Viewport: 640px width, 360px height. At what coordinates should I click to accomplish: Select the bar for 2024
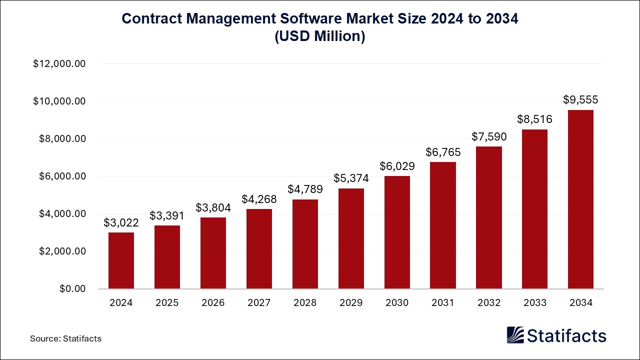click(x=121, y=260)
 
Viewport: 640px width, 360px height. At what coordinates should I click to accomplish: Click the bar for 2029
click(x=351, y=238)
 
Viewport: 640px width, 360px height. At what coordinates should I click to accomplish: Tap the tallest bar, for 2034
click(x=580, y=199)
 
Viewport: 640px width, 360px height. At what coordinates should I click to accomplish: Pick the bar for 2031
click(x=443, y=225)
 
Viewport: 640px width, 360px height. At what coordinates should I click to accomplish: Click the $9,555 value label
click(x=580, y=99)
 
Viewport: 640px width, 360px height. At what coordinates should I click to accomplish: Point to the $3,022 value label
click(x=121, y=222)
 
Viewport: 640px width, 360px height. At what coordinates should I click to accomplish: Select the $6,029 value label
click(x=397, y=166)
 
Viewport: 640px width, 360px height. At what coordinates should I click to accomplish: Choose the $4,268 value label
click(x=259, y=199)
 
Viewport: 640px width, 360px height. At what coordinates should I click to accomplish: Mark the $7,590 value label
click(x=489, y=136)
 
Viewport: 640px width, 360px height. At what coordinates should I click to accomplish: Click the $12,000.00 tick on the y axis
click(x=59, y=64)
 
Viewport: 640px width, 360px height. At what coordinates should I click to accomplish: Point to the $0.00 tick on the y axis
click(x=72, y=289)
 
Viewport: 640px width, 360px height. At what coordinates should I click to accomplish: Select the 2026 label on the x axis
click(x=213, y=303)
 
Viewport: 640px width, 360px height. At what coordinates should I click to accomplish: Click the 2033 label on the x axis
click(x=534, y=303)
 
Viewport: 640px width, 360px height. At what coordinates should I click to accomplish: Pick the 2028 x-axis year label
click(x=305, y=303)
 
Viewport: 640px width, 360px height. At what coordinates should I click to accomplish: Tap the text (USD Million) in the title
click(x=320, y=36)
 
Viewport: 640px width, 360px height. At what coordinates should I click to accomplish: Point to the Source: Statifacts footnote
click(x=65, y=338)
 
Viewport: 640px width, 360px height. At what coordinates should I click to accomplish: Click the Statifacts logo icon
click(x=515, y=335)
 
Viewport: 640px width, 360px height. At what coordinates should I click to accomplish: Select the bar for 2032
click(x=489, y=217)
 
